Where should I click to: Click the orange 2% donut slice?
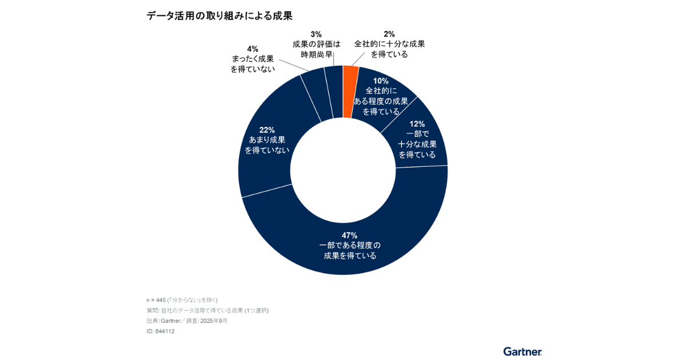tap(350, 91)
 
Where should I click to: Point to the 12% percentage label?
tap(417, 123)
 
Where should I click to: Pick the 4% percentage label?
tap(252, 49)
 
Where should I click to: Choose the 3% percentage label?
tap(316, 34)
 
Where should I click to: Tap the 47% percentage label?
tap(350, 235)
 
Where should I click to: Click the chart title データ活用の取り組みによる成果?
tap(220, 16)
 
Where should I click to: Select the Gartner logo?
tap(523, 351)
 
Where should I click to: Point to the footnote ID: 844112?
tap(161, 331)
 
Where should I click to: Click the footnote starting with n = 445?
tap(182, 300)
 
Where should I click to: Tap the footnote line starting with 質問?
tap(208, 310)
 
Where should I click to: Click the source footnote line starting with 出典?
tap(187, 321)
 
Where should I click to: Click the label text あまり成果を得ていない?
tap(266, 145)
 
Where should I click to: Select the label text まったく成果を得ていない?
tap(253, 63)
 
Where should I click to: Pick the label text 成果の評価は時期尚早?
tap(316, 49)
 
